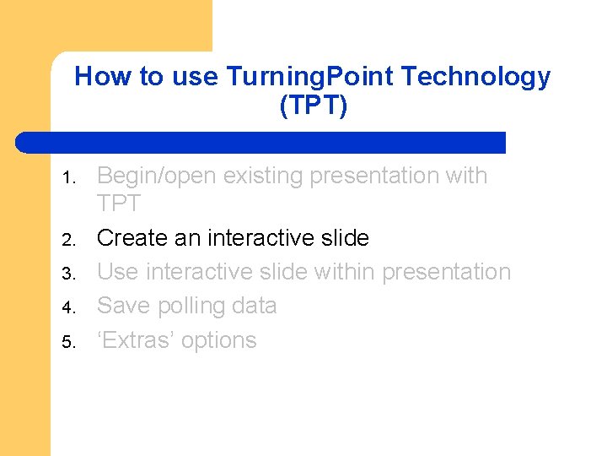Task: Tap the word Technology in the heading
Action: point(475,77)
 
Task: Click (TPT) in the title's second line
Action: point(313,106)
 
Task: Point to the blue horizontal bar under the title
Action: point(261,142)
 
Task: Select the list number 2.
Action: point(70,240)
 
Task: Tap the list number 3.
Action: point(70,274)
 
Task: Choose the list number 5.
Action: point(70,342)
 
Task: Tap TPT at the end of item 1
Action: point(118,204)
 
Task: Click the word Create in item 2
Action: point(132,238)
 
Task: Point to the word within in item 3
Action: point(345,272)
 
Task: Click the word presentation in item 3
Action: point(447,272)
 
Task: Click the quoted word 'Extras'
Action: point(138,340)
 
